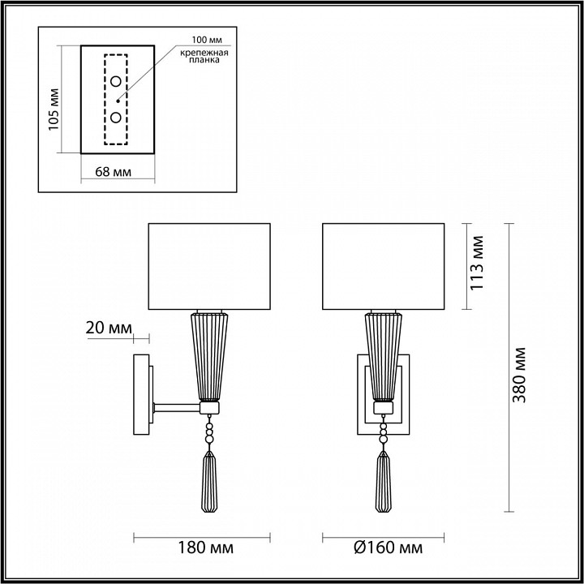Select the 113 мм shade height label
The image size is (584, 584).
[478, 264]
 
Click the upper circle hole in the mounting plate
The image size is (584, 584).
[117, 80]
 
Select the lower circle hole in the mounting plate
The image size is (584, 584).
[117, 118]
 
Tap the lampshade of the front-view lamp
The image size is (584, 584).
[384, 266]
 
